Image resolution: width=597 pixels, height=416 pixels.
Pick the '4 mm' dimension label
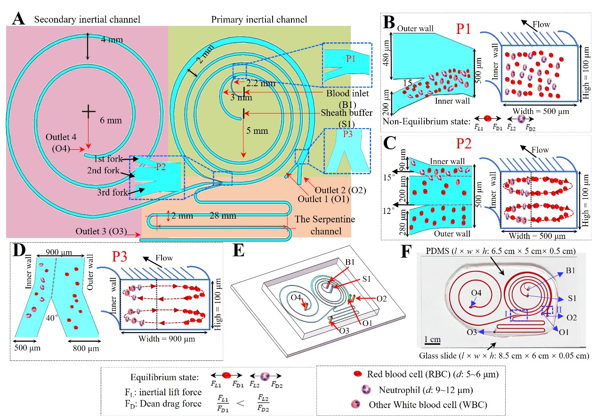point(113,40)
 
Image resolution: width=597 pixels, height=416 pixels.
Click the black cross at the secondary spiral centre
point(89,111)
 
